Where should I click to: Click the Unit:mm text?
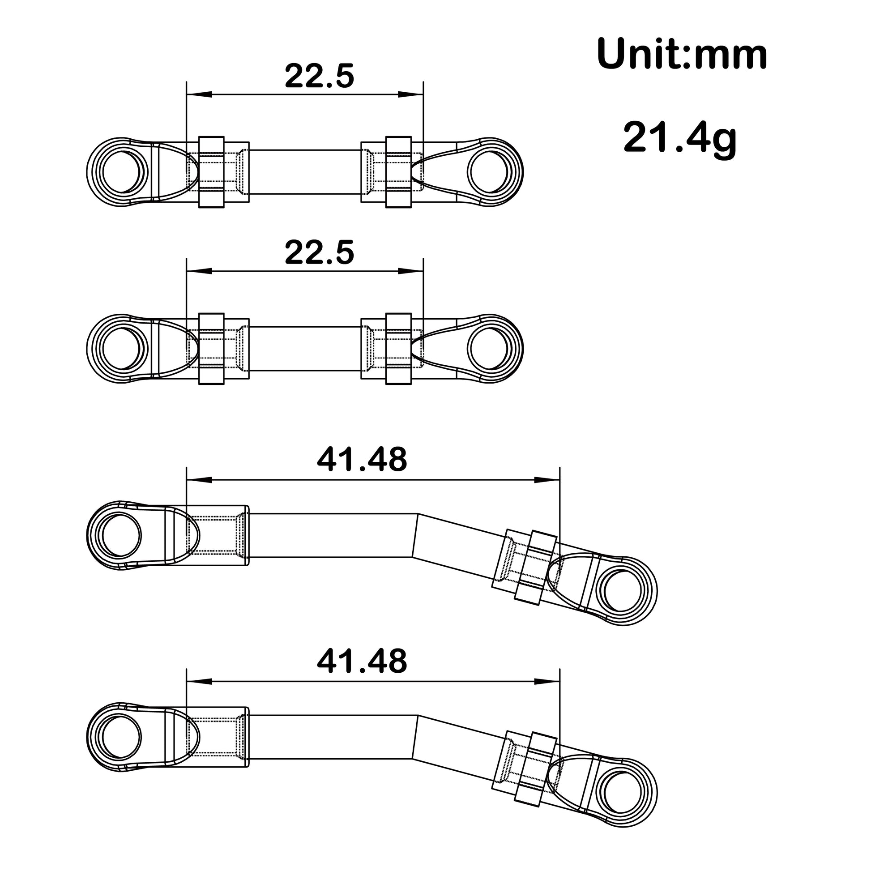(x=682, y=55)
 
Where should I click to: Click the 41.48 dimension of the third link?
(x=362, y=460)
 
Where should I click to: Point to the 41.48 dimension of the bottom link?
(x=362, y=662)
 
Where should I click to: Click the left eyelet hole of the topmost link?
(x=122, y=172)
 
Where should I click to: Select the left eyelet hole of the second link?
(x=122, y=349)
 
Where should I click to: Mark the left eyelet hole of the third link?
(x=122, y=536)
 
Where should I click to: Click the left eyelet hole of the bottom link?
(x=122, y=738)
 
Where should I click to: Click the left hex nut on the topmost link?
(x=211, y=172)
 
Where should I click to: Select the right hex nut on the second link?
(x=398, y=349)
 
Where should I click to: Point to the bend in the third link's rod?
(x=415, y=536)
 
